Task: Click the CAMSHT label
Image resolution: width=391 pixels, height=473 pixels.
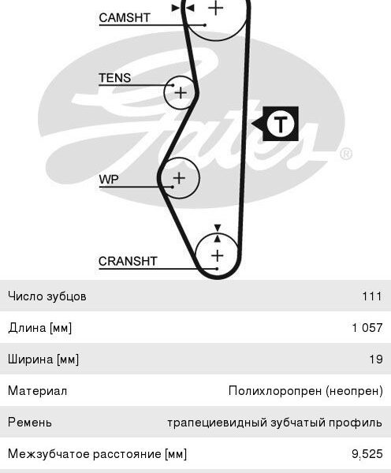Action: tap(125, 17)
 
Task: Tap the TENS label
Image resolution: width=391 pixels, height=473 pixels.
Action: tap(115, 78)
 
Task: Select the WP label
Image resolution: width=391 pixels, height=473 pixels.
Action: tap(109, 180)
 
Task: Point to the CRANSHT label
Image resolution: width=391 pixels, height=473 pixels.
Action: tap(128, 261)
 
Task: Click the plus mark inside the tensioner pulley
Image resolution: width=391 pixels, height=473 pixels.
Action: tap(181, 92)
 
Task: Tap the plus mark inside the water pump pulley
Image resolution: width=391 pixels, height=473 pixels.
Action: tap(179, 178)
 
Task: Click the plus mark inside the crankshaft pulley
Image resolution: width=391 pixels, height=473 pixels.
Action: tap(218, 255)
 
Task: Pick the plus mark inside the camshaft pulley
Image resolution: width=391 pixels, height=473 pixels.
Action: tap(216, 8)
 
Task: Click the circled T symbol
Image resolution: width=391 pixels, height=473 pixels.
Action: tap(281, 124)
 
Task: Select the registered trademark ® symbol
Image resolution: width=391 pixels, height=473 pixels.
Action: tap(346, 154)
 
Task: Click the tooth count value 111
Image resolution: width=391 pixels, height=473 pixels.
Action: tap(372, 296)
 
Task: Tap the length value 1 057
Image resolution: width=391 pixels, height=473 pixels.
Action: tap(367, 328)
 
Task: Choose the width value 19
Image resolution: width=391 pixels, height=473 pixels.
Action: tap(376, 359)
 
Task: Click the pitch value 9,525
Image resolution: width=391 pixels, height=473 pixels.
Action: tap(367, 454)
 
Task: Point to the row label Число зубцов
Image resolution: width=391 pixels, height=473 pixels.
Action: tap(47, 296)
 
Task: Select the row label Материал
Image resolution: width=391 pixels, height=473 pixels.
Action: tap(37, 391)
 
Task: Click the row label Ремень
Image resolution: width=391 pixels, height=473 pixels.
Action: tap(30, 423)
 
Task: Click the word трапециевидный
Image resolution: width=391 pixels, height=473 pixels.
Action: tap(217, 423)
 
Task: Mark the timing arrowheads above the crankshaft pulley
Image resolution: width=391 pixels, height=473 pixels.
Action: tap(218, 233)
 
